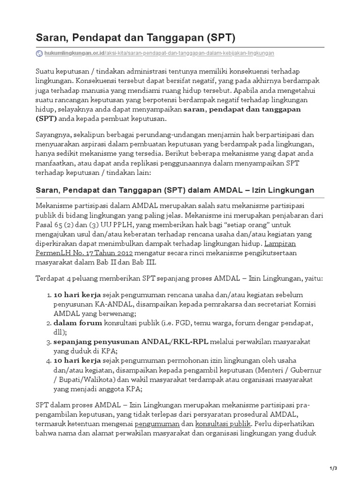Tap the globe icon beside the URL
tap(39, 53)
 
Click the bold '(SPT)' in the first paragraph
tap(45, 118)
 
